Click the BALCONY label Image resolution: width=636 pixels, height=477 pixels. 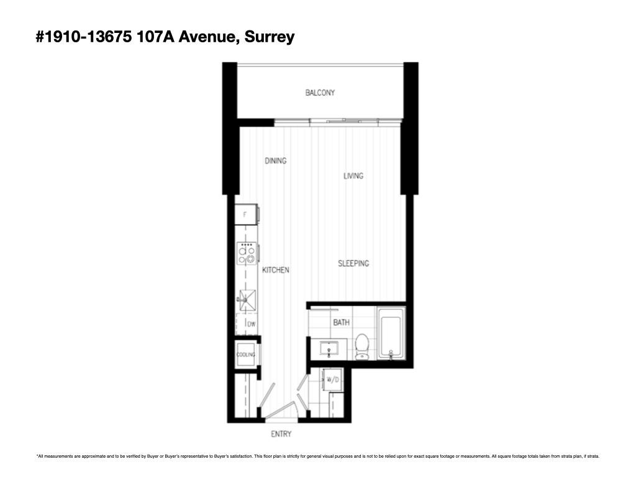pos(320,93)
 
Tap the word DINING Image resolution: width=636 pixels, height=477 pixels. pos(276,161)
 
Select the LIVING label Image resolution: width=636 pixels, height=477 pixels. pos(353,176)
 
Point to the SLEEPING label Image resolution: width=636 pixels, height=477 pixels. pos(353,263)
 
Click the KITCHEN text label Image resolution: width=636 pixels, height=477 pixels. pos(275,270)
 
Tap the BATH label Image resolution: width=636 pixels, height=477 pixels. pos(341,322)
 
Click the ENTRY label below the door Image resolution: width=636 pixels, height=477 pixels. pos(281,434)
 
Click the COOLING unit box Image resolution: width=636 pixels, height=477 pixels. pos(246,355)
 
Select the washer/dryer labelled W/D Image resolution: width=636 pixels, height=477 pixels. pos(333,379)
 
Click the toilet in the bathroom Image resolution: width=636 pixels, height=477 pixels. pos(361,346)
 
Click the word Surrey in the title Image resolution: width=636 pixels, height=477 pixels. pos(269,37)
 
